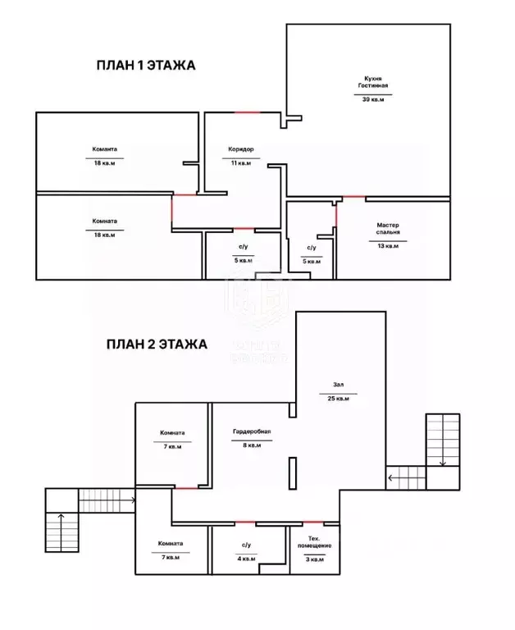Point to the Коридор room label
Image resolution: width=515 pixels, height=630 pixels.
pyautogui.click(x=240, y=149)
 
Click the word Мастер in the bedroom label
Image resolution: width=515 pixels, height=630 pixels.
pyautogui.click(x=388, y=225)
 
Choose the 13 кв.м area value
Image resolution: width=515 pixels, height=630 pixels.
pyautogui.click(x=388, y=245)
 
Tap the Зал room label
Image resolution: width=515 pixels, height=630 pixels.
pyautogui.click(x=338, y=385)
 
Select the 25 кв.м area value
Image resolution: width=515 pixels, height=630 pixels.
pyautogui.click(x=338, y=399)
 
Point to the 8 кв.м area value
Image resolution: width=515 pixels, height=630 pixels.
pyautogui.click(x=252, y=446)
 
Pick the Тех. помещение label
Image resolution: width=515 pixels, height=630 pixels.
pyautogui.click(x=309, y=543)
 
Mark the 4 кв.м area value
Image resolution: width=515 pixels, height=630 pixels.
pyautogui.click(x=246, y=559)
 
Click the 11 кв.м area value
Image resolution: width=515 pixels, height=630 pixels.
pyautogui.click(x=240, y=163)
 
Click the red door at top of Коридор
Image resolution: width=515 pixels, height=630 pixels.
pyautogui.click(x=246, y=112)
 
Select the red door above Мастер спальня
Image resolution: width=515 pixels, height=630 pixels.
pyautogui.click(x=353, y=197)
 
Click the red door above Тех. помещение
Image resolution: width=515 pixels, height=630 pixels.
pyautogui.click(x=312, y=523)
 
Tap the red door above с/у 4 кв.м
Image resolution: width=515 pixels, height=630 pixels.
pyautogui.click(x=245, y=523)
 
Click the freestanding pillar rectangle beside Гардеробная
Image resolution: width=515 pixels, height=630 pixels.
pyautogui.click(x=291, y=475)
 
